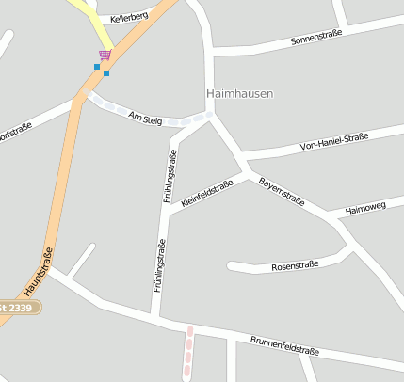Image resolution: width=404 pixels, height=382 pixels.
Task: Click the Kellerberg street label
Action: coord(128,18)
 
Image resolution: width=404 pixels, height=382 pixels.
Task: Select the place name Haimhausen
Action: coord(239,94)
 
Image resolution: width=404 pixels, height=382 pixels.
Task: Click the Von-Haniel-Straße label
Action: coord(332,142)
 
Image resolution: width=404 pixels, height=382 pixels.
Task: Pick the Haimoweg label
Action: coord(366,209)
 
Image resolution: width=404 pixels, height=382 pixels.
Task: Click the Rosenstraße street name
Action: coord(296,266)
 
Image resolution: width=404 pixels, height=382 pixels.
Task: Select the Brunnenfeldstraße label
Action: coord(284,344)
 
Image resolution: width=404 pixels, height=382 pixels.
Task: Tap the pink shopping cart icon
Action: coord(105,56)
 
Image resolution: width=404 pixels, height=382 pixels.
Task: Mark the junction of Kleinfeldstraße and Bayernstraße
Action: coord(248,175)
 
